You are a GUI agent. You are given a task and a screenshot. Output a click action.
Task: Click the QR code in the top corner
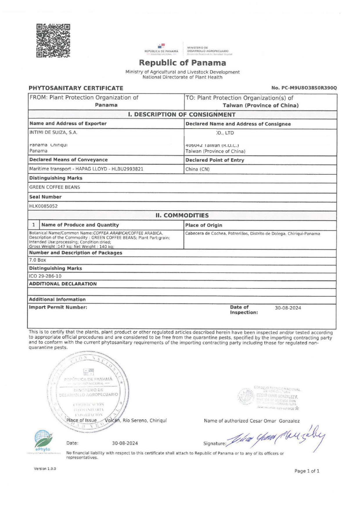pos(53,40)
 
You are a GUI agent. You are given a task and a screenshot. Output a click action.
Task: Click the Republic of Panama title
pos(182,63)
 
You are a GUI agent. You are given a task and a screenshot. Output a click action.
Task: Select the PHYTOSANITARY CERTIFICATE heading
pos(76,88)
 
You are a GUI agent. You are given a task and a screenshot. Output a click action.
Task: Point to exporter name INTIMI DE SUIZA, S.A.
pos(53,132)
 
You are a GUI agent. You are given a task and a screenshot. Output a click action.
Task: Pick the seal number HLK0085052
pos(44,206)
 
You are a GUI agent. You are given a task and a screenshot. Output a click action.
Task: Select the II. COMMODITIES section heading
pos(182,215)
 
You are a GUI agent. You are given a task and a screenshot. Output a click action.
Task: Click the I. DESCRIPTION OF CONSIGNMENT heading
pos(182,114)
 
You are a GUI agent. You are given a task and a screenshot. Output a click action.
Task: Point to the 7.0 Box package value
pos(37,260)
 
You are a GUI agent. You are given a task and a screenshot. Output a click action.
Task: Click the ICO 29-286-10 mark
pos(45,276)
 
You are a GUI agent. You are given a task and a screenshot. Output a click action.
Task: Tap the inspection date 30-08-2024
pos(288,308)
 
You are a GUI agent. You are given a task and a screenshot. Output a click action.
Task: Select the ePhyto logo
pos(43,441)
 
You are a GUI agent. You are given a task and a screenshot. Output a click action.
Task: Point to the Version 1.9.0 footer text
pos(45,469)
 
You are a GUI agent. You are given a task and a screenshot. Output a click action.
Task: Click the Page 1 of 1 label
pos(307,471)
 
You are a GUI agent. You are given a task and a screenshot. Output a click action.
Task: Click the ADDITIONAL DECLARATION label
pos(63,284)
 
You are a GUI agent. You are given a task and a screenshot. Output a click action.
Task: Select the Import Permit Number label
pos(58,307)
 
